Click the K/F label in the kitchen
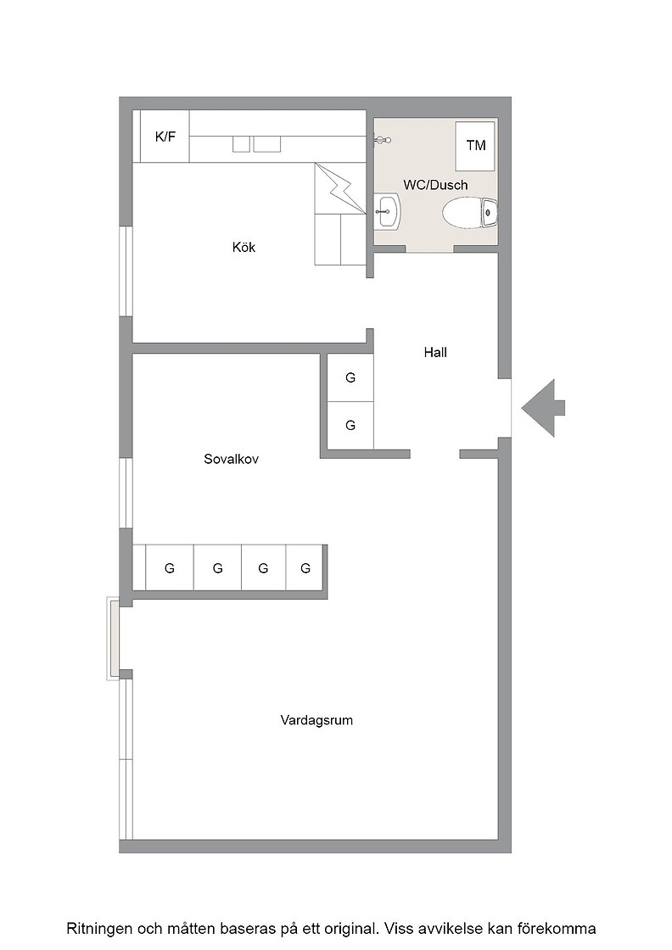(x=165, y=137)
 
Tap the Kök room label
(x=244, y=247)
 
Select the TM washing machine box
(x=476, y=145)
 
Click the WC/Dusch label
(x=435, y=185)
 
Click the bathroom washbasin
(x=386, y=212)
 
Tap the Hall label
(x=435, y=352)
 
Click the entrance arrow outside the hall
(x=543, y=408)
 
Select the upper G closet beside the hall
(x=350, y=377)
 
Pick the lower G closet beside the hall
(x=350, y=425)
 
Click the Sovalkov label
(x=231, y=459)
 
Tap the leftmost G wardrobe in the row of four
(x=169, y=567)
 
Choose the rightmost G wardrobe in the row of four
(x=305, y=567)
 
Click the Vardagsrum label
(x=316, y=720)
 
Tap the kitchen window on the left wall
(x=126, y=271)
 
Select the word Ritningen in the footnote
(x=96, y=929)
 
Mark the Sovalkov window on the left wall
(x=126, y=493)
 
